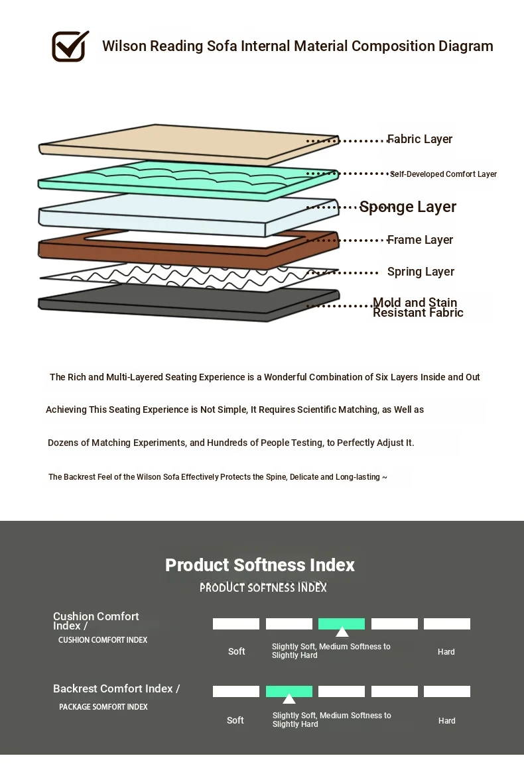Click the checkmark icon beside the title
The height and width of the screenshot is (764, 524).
(70, 46)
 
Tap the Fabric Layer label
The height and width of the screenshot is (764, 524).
(420, 139)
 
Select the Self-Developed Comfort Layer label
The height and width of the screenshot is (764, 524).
(443, 174)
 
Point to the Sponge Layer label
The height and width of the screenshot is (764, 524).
(408, 207)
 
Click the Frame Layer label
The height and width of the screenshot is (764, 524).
(420, 240)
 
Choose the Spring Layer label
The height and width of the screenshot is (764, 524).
(421, 272)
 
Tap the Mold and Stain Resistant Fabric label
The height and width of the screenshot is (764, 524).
(418, 307)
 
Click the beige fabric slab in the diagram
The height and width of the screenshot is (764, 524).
(188, 144)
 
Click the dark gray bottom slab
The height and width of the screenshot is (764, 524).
(188, 302)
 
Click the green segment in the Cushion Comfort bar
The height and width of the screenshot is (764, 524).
(342, 624)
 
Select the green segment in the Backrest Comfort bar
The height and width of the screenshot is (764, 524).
(289, 691)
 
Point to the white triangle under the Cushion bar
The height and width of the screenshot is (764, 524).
(342, 632)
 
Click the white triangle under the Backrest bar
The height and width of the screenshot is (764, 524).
(289, 699)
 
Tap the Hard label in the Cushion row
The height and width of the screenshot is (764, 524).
(446, 652)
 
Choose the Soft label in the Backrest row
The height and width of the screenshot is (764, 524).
(235, 720)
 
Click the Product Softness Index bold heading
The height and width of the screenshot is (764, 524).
(260, 565)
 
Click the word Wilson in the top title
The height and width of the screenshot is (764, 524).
(125, 46)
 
